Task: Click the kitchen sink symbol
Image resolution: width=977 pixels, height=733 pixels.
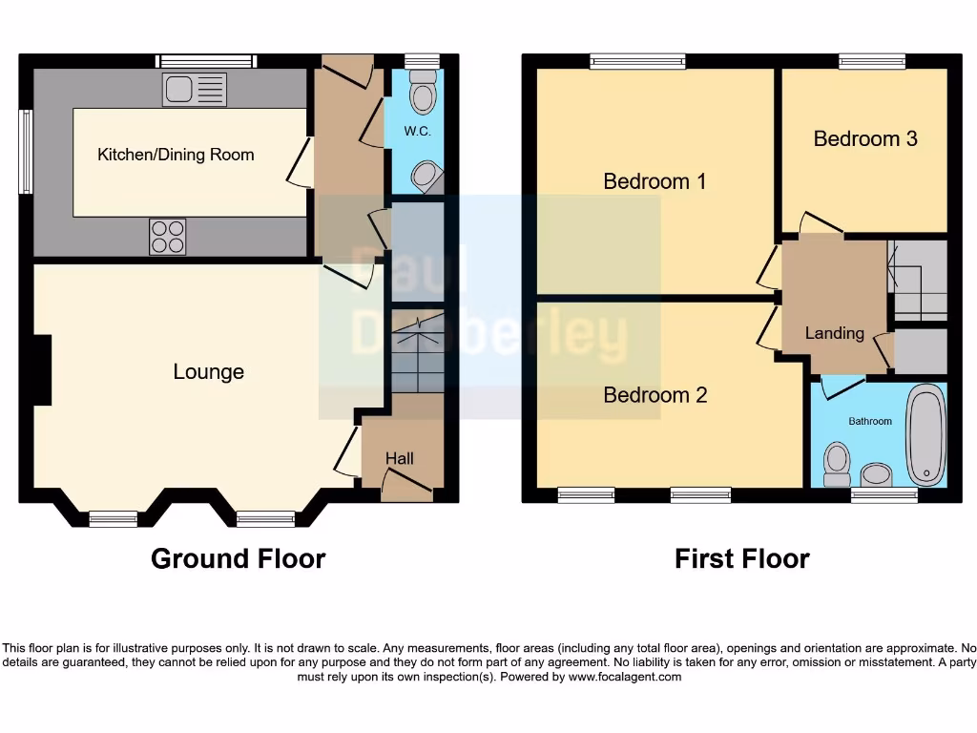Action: tap(195, 90)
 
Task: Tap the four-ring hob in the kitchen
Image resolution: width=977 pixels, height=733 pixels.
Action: tap(168, 237)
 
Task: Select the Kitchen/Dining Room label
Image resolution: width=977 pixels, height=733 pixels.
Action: tap(176, 154)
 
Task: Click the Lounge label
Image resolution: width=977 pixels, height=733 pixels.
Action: tap(208, 372)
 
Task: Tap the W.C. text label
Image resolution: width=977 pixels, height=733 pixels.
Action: tap(417, 132)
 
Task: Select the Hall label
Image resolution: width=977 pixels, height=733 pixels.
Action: tap(399, 459)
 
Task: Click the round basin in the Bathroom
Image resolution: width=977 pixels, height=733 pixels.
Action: tap(876, 473)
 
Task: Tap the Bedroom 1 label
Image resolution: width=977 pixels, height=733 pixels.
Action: tap(655, 181)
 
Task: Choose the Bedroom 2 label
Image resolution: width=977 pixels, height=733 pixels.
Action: tap(655, 394)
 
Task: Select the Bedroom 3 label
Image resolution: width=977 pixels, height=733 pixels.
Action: tap(864, 138)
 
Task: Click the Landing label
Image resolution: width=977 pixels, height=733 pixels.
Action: tap(834, 333)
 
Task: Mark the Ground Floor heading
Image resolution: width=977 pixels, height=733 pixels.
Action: tap(238, 558)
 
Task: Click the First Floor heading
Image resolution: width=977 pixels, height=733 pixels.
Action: tap(741, 558)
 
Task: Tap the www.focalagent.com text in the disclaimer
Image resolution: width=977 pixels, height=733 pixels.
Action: tap(625, 677)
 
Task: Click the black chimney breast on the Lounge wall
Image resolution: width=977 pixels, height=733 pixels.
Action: tap(42, 370)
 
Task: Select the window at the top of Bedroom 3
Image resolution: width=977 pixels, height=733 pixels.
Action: tap(872, 61)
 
